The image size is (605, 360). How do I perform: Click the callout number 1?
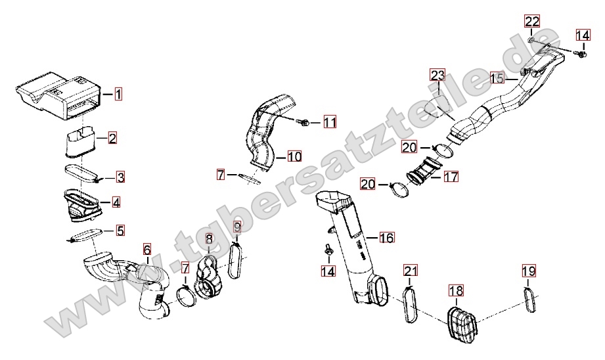pos(118,94)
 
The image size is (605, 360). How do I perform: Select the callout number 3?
pos(121,177)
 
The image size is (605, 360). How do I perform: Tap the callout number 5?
pos(120,230)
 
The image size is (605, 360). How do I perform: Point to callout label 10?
pos(294,156)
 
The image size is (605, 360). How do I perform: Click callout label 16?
pos(386,237)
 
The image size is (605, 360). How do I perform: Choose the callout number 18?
pos(456,290)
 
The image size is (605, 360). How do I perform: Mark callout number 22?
pos(532,21)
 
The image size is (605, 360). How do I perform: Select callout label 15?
pos(499,79)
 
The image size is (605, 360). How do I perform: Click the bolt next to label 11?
pos(306,122)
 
